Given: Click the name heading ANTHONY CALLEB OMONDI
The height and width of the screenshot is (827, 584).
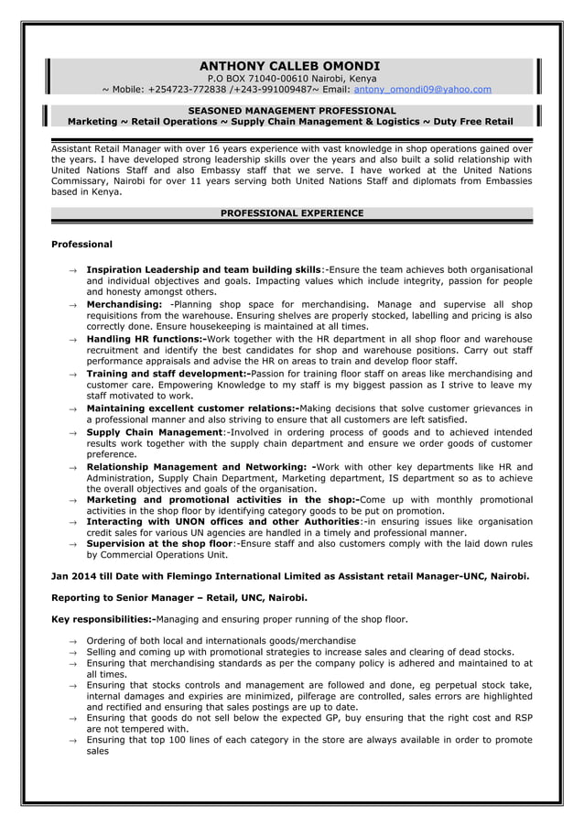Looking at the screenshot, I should (289, 66).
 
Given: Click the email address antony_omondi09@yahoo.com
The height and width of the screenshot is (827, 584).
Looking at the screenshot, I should (422, 90).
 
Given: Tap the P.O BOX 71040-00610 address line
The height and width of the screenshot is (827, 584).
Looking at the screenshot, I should (289, 79).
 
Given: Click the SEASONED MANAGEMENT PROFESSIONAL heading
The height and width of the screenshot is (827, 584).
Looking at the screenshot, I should (291, 111).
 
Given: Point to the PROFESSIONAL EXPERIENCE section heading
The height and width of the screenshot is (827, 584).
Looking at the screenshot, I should (292, 213).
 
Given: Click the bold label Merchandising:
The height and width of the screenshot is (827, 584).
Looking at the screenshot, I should (124, 303).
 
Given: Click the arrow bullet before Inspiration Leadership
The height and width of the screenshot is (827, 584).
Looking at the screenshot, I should (72, 270).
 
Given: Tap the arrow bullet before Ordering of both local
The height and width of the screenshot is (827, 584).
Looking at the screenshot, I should (72, 641).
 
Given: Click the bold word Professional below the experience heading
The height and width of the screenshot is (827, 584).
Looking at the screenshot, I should (81, 245).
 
